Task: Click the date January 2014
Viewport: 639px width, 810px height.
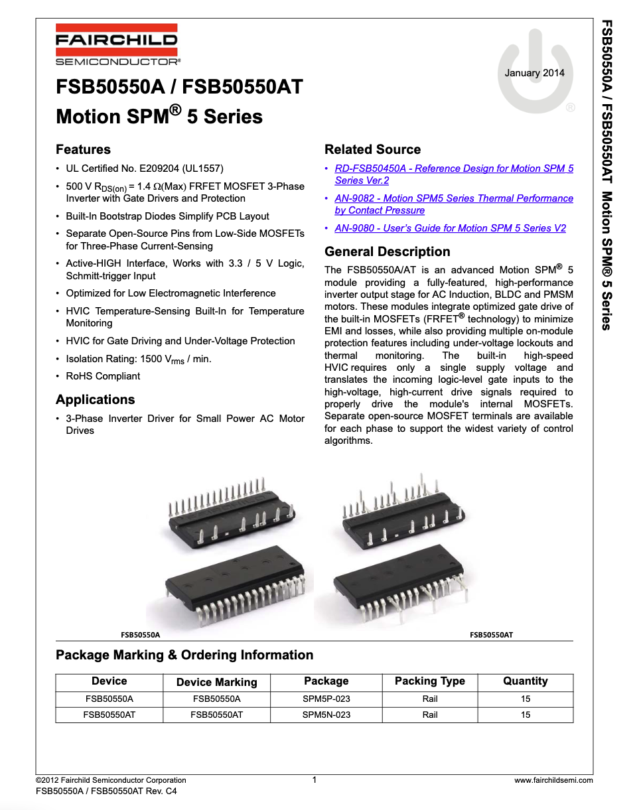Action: [534, 73]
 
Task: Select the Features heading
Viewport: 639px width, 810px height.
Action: [83, 149]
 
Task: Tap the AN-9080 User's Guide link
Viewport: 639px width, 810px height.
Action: [450, 228]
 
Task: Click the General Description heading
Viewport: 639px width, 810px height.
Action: [387, 251]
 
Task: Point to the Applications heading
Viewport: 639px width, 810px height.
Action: [95, 399]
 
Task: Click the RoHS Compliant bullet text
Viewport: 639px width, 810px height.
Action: [103, 376]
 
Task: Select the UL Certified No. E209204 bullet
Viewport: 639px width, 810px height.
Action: [145, 169]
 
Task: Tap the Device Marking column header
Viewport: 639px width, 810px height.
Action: [216, 682]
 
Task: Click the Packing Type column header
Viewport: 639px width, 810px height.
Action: [429, 681]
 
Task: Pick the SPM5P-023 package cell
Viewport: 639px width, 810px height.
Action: [326, 699]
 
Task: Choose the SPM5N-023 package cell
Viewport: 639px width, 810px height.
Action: [326, 714]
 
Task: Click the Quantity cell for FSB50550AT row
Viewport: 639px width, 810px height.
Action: [525, 714]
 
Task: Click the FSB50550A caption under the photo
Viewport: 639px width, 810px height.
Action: [140, 635]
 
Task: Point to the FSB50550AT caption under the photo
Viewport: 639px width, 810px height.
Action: [491, 635]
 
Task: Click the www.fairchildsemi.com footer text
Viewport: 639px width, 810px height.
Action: [553, 780]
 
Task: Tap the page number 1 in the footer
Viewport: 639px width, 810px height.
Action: [315, 779]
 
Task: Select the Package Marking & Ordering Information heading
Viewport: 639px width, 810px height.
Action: [184, 655]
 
